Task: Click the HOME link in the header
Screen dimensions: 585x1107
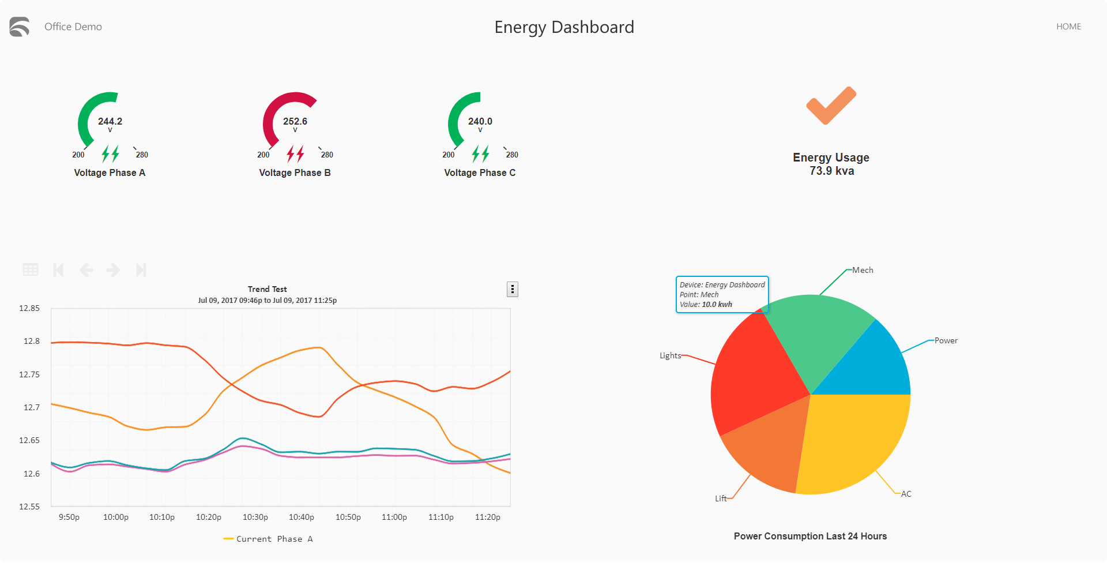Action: [1068, 27]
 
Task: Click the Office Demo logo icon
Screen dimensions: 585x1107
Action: [20, 27]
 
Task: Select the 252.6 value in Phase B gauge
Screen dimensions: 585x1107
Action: [295, 121]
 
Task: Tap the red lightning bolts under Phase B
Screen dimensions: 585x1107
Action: [295, 153]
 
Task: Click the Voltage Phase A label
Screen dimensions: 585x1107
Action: [110, 172]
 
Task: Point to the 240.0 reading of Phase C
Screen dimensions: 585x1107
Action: [480, 121]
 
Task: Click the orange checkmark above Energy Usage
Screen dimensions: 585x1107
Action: [831, 106]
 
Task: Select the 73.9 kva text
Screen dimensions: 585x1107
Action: [831, 171]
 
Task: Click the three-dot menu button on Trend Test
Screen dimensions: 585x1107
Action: [512, 289]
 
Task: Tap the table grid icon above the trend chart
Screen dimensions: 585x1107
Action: [31, 269]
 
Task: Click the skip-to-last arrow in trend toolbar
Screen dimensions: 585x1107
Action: [141, 269]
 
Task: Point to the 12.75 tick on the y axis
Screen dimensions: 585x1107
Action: [29, 374]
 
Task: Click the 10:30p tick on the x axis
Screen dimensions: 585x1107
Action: [255, 517]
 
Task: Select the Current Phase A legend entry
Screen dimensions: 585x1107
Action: [268, 539]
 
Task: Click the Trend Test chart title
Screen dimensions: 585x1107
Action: [267, 289]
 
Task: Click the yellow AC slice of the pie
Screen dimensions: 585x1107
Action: [853, 438]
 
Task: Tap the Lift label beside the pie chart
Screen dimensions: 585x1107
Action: [721, 498]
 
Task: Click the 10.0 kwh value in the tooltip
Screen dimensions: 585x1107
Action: [717, 305]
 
